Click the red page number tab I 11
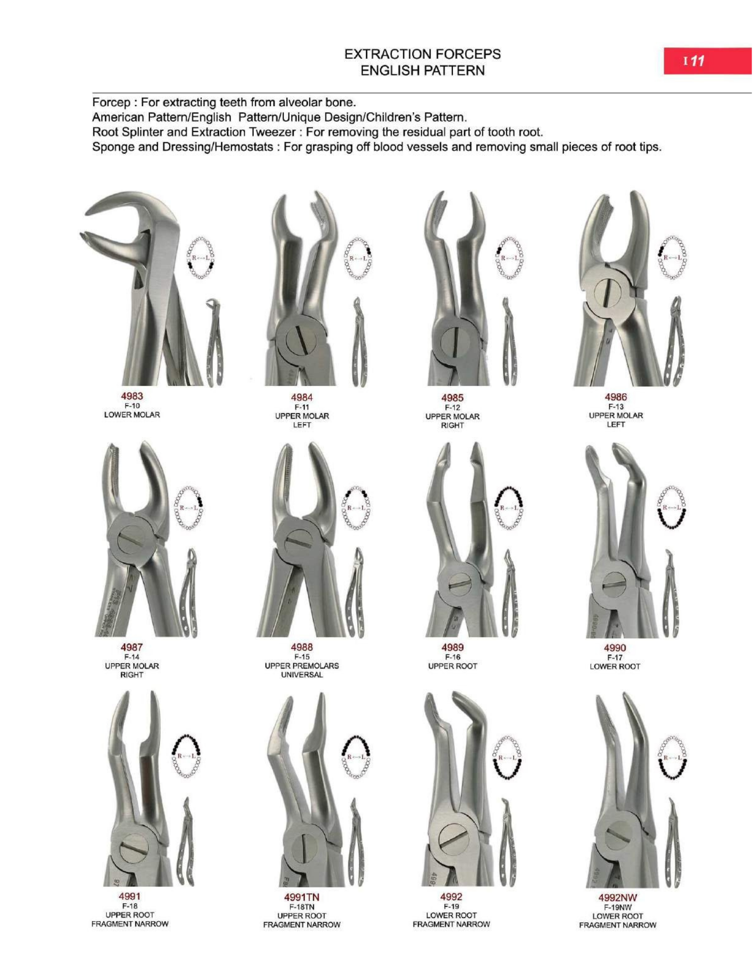tap(707, 61)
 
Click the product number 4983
tap(132, 396)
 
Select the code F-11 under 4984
tap(302, 407)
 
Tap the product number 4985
tap(452, 398)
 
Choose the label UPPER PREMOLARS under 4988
tap(302, 666)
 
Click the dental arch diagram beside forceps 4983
tap(200, 258)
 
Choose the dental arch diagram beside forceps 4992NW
tap(673, 757)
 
